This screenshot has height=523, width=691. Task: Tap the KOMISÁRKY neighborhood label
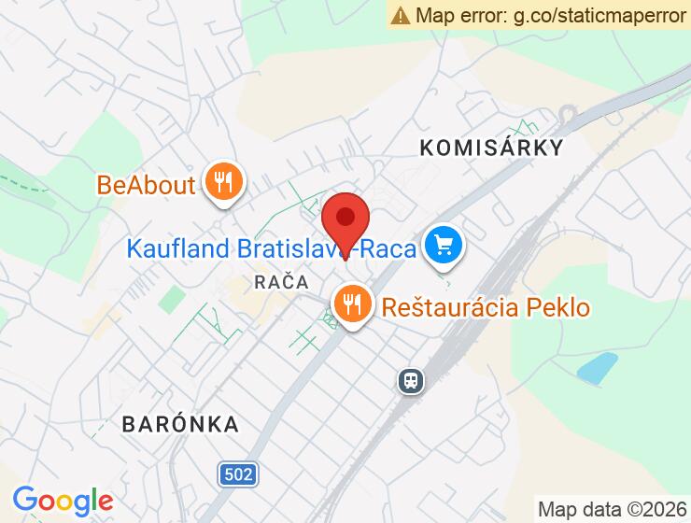(491, 148)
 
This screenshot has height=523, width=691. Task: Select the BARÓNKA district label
(180, 424)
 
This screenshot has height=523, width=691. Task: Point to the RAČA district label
(280, 281)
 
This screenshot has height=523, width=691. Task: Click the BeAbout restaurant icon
(222, 181)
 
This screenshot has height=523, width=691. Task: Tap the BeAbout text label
(146, 184)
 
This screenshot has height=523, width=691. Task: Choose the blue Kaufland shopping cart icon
(444, 247)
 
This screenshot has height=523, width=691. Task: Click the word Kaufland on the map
(178, 249)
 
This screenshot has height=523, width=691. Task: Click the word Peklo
(557, 306)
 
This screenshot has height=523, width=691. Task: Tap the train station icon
(410, 380)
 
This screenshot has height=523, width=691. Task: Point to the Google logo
(63, 501)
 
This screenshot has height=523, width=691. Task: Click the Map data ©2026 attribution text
(611, 510)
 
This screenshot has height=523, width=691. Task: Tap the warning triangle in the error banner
(401, 15)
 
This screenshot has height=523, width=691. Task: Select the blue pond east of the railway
(597, 369)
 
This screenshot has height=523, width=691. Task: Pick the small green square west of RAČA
(171, 301)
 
